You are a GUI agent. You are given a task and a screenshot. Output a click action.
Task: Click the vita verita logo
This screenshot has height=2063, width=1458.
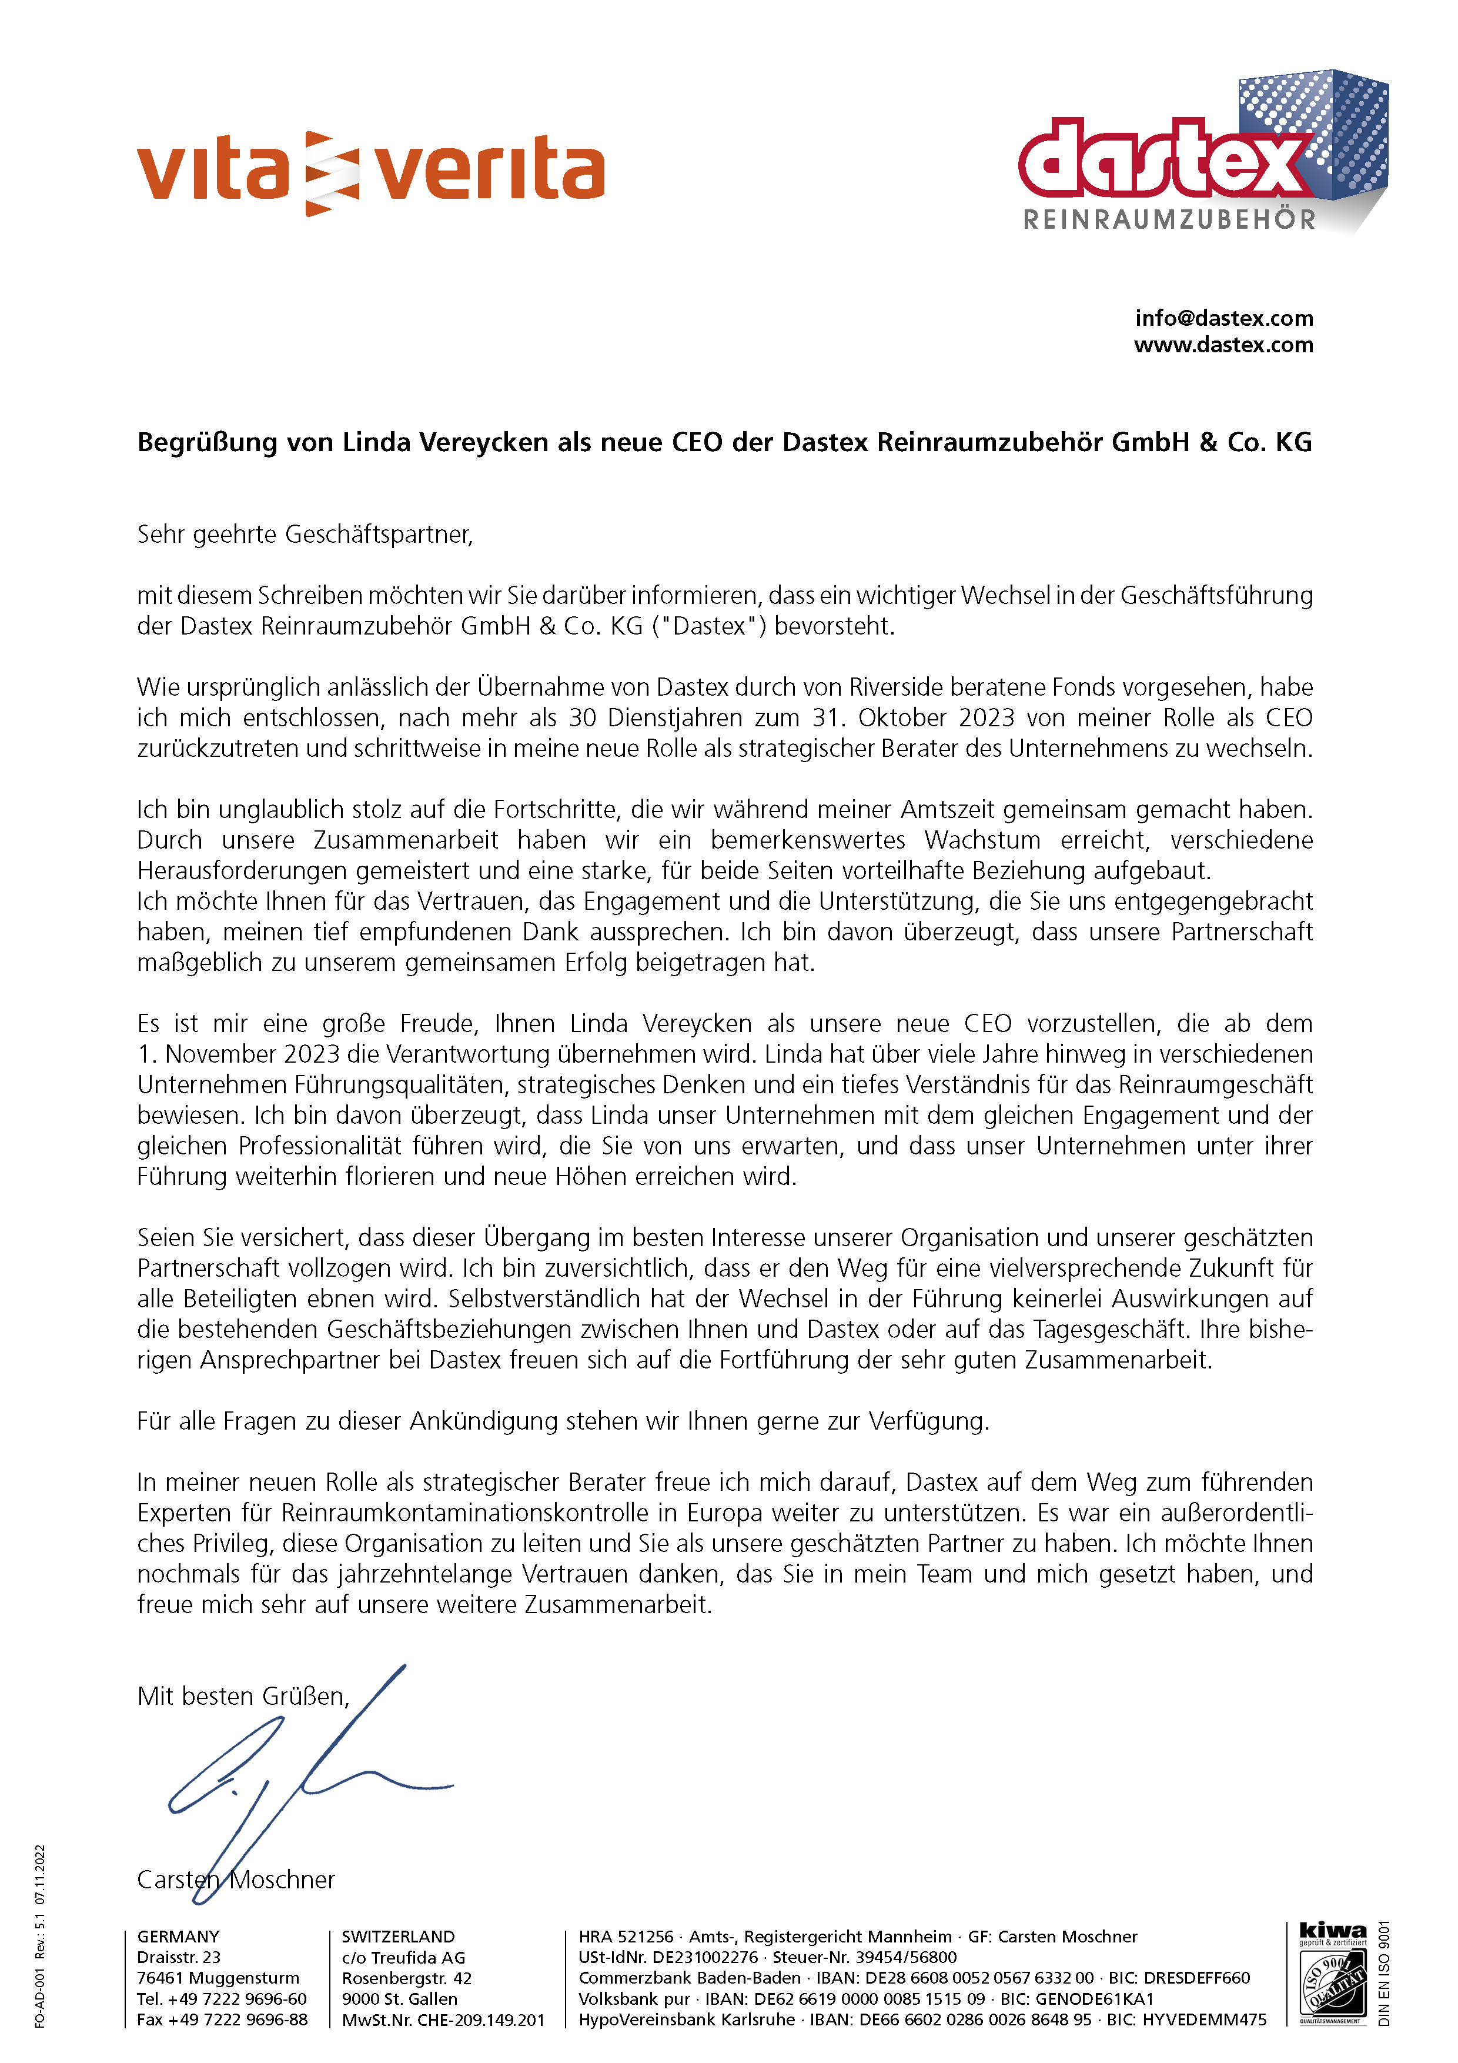370,172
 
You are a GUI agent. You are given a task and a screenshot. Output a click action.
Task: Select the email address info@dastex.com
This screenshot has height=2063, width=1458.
1223,318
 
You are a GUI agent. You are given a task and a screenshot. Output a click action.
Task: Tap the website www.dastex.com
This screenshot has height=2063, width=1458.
1223,345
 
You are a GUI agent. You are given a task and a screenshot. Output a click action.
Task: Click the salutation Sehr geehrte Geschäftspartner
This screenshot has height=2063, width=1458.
305,535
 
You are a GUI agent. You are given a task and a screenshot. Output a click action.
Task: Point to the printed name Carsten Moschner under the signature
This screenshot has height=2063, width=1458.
235,1880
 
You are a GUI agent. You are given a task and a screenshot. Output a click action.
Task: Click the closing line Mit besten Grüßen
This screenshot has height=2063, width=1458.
243,1697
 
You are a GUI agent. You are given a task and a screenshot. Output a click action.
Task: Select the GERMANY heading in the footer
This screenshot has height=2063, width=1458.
178,1937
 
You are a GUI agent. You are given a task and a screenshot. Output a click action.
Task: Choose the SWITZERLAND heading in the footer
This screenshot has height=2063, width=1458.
398,1937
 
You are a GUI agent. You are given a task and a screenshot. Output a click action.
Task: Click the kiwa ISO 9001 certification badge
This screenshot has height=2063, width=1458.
1333,1977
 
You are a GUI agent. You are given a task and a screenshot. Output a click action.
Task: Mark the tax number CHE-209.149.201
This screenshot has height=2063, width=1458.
480,2020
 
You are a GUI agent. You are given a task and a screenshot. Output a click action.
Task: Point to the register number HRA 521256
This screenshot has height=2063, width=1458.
626,1937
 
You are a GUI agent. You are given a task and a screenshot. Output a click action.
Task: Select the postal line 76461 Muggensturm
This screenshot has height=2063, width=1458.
218,1978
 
